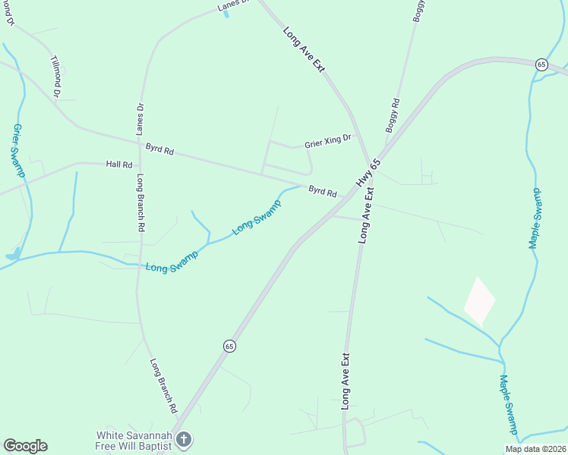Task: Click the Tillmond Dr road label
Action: click(55, 75)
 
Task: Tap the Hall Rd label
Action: click(119, 164)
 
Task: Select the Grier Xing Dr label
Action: click(328, 140)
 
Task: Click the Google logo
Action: click(25, 445)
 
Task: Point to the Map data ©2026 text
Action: click(535, 448)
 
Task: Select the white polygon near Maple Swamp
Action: click(479, 301)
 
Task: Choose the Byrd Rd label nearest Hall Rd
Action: click(159, 150)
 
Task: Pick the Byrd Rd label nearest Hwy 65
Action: click(322, 191)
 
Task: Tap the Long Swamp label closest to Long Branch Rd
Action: click(172, 262)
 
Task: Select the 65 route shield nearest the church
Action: click(229, 345)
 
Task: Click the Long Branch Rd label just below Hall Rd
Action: click(140, 202)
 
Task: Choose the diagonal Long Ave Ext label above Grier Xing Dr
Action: click(304, 49)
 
